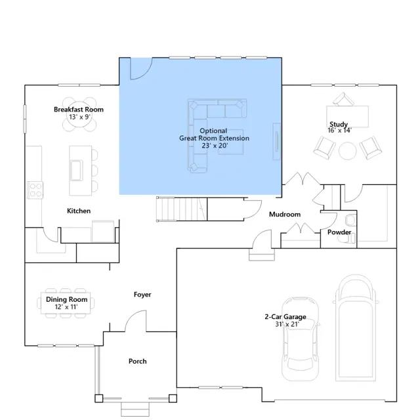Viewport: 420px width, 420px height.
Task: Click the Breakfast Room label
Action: pos(79,110)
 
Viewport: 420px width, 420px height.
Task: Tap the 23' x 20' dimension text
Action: pos(215,146)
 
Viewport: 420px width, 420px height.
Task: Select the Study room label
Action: pos(339,124)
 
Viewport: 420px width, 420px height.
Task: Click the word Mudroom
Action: pos(285,215)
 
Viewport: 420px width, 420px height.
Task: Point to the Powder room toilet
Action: pos(350,220)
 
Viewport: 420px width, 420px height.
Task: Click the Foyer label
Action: pos(142,295)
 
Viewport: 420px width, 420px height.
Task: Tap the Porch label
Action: pos(138,362)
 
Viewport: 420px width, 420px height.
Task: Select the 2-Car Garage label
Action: pos(285,316)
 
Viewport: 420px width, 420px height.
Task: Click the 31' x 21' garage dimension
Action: pos(287,324)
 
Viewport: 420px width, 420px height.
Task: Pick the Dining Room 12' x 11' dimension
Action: pos(66,306)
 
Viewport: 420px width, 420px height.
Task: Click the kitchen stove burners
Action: pos(35,190)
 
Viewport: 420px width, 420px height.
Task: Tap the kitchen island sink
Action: pos(76,170)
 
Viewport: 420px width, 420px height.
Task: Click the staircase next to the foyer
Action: pos(182,209)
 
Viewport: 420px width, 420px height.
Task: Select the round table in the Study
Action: pos(348,151)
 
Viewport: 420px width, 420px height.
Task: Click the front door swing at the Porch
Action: pos(136,321)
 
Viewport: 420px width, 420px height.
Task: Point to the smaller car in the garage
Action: pos(301,339)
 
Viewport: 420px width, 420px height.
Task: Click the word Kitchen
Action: pos(79,211)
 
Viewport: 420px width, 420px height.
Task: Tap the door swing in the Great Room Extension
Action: pos(141,68)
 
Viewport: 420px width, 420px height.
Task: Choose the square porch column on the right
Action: pos(173,398)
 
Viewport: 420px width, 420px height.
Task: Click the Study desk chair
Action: pos(343,99)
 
